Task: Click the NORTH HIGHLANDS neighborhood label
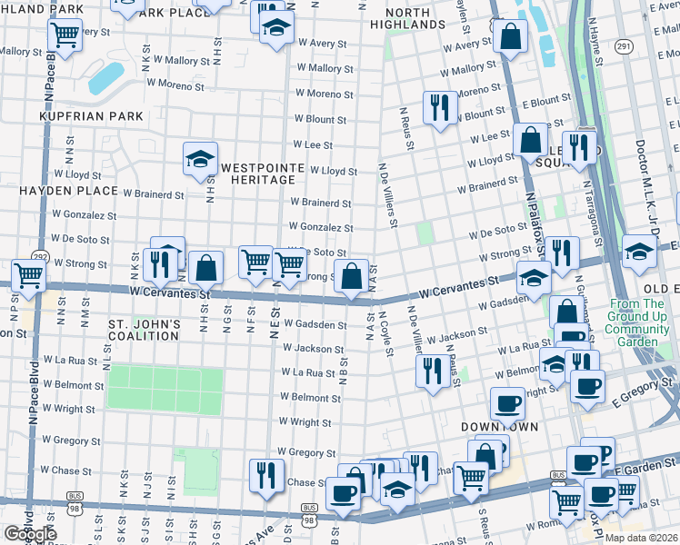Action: [415, 18]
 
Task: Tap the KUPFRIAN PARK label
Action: [91, 116]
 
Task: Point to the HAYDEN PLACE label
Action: [69, 191]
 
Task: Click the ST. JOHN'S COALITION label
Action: [145, 330]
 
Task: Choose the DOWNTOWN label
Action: [499, 426]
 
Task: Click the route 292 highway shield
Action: [40, 257]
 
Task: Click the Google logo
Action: [30, 534]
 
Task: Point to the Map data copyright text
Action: [641, 538]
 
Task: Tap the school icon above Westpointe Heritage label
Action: [200, 157]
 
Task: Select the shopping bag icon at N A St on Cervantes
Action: [351, 274]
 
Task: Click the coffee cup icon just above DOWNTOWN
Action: [507, 401]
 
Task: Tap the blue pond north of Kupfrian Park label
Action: [106, 79]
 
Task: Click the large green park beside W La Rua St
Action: [165, 388]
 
